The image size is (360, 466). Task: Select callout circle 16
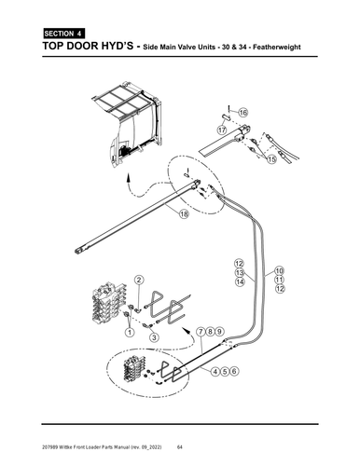click(x=242, y=112)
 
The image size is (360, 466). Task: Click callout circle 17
click(x=222, y=130)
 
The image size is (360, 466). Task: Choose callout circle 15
click(x=271, y=159)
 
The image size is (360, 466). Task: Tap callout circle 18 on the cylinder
click(x=184, y=213)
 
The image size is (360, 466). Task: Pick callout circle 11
click(x=280, y=280)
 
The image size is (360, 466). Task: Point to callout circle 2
click(x=138, y=280)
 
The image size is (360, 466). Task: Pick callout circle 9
click(x=220, y=332)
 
